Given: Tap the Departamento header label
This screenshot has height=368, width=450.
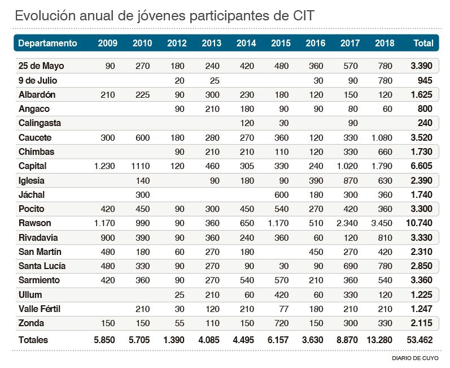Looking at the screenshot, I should (47, 43).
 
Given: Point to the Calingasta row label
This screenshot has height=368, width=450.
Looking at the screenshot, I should (40, 123).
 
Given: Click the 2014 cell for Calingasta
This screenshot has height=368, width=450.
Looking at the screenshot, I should (246, 123).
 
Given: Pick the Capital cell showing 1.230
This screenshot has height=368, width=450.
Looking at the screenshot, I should (104, 166).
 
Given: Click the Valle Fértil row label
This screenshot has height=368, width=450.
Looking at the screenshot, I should (39, 309).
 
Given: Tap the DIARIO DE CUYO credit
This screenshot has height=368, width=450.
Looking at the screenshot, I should (414, 358).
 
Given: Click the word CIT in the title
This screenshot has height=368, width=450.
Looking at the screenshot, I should (302, 16).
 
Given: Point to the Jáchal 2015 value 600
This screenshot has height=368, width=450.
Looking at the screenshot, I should (281, 195).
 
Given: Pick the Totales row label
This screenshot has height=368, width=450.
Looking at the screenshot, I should (33, 340).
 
